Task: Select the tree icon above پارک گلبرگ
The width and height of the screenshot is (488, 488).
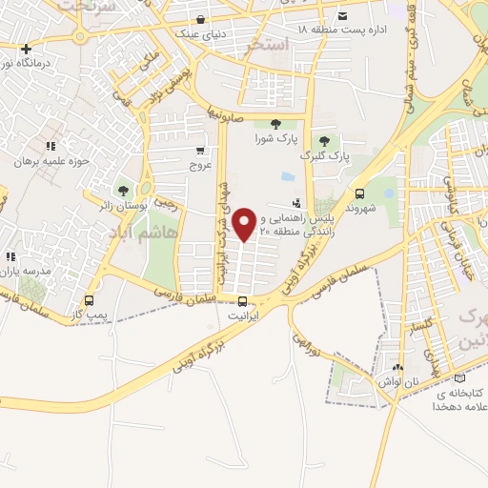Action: pyautogui.click(x=325, y=140)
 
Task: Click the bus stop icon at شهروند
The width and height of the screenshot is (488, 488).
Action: pyautogui.click(x=359, y=190)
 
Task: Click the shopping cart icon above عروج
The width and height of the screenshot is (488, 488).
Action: pyautogui.click(x=200, y=151)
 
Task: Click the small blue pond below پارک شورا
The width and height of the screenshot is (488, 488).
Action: pyautogui.click(x=287, y=176)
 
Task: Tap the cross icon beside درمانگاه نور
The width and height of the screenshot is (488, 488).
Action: pyautogui.click(x=26, y=49)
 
